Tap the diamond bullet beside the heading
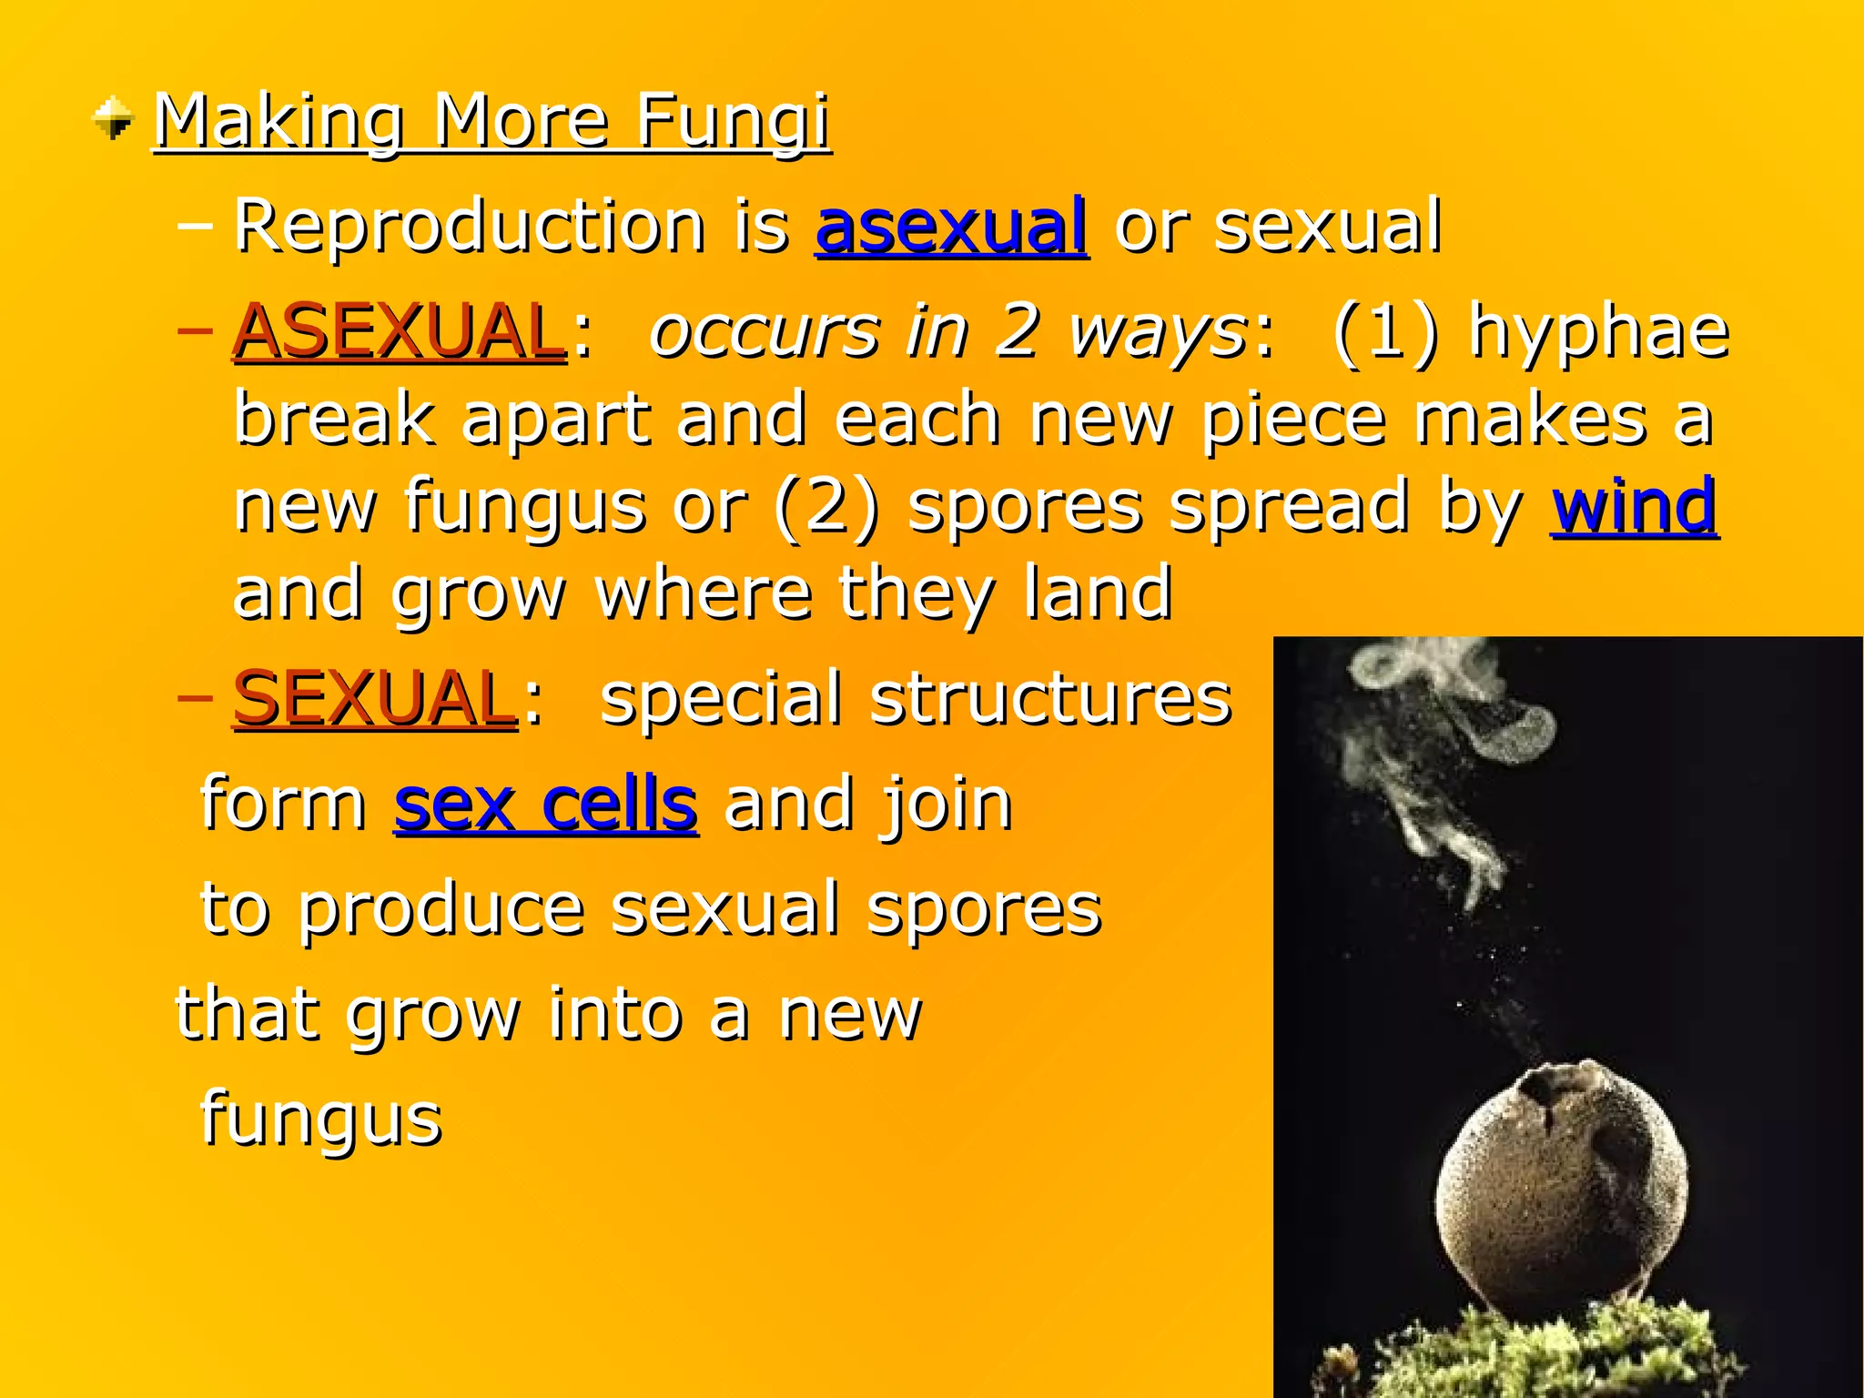pos(113,119)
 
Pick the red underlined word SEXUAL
pos(374,698)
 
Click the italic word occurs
pos(765,331)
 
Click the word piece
pos(1293,419)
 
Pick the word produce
pos(441,909)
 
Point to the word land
pos(1097,593)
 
